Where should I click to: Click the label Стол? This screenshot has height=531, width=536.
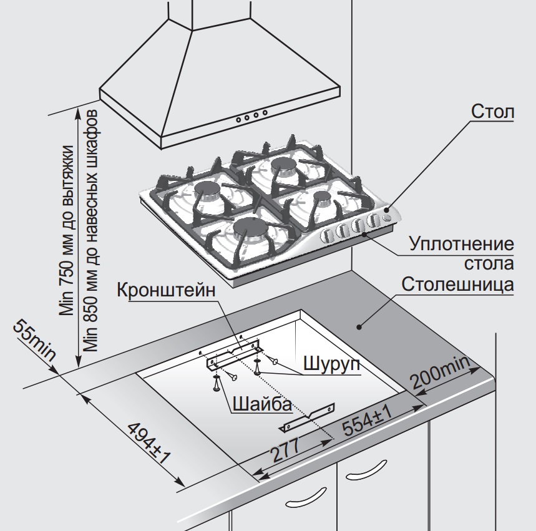(x=492, y=113)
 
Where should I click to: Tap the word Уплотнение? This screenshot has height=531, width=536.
(x=462, y=244)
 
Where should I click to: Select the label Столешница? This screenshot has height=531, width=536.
(x=457, y=285)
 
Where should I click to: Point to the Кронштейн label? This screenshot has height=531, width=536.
(x=165, y=291)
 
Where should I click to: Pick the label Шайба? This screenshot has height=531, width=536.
(x=261, y=404)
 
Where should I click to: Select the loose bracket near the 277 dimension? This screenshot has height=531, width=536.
(x=308, y=417)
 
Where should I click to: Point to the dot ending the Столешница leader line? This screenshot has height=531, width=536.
(x=359, y=325)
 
